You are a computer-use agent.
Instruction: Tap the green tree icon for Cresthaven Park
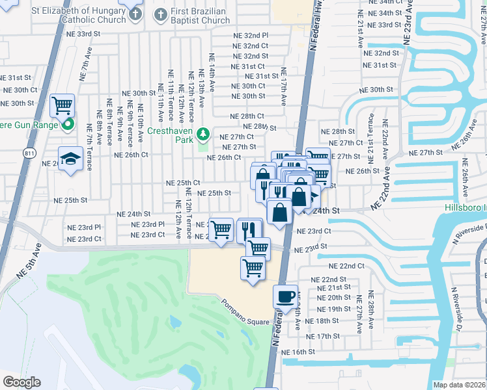point(203,133)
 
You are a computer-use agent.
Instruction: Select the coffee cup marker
point(285,296)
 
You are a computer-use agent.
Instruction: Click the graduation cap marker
point(70,159)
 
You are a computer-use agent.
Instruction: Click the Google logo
point(21,382)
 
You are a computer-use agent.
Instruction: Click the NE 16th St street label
point(298,352)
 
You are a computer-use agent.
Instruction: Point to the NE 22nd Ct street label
point(346,266)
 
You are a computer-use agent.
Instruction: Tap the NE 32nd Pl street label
point(251,35)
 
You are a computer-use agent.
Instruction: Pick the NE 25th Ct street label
point(183,183)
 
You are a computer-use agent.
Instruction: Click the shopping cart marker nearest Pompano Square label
point(253,268)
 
